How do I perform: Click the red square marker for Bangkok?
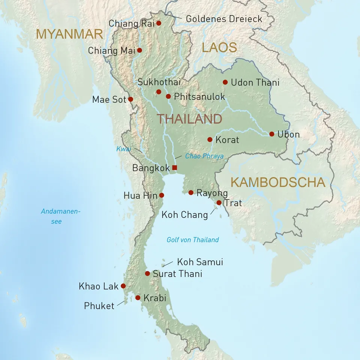pos(174,167)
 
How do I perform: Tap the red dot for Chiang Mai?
pos(139,50)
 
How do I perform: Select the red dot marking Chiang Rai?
pos(159,23)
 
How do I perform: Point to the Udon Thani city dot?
pos(225,82)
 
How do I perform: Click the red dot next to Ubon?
pos(271,134)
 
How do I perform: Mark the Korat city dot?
pos(210,139)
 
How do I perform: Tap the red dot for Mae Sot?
pos(130,99)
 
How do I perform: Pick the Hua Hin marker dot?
pos(162,195)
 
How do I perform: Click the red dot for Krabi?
pos(138,298)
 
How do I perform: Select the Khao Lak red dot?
pos(123,286)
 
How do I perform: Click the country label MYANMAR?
pos(69,34)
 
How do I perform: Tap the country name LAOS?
pos(219,48)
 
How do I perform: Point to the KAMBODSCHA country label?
pos(277,182)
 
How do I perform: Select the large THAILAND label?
pos(189,119)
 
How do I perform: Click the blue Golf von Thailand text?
pos(193,240)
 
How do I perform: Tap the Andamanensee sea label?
pos(60,216)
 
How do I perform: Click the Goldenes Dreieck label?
pos(224,19)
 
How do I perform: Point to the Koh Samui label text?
pos(200,262)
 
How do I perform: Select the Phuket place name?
pos(99,306)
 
